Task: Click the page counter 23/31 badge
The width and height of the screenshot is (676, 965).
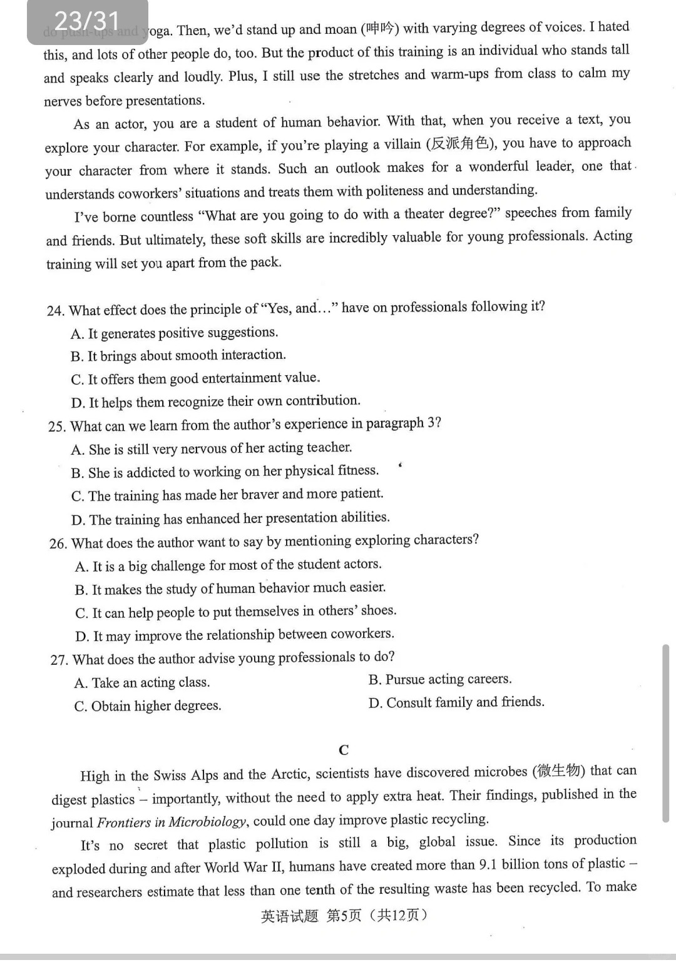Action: coord(87,21)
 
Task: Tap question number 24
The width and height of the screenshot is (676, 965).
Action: coord(55,311)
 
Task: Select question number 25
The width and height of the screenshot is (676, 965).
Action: coord(57,427)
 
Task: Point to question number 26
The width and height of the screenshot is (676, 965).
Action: coord(58,543)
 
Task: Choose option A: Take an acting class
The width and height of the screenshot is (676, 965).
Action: coord(142,682)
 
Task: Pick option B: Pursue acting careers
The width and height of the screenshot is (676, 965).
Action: coord(440,679)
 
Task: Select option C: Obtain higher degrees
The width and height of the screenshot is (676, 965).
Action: coord(148,706)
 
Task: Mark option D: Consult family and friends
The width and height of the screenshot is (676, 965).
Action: coord(456,702)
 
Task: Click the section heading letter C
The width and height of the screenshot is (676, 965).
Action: coord(343,750)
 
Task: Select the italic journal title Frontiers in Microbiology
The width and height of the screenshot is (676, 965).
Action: coord(172,822)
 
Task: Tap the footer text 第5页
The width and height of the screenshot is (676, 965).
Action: coord(344,916)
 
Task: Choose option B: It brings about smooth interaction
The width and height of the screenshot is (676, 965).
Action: coord(178,356)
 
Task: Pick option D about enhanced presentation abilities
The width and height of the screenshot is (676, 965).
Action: coord(231,518)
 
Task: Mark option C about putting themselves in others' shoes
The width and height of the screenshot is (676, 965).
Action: coord(236,612)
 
